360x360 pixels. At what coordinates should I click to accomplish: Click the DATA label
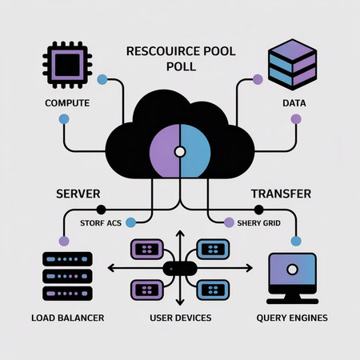[295, 103]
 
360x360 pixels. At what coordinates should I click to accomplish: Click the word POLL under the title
[180, 66]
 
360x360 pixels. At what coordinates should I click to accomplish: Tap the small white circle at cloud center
[180, 150]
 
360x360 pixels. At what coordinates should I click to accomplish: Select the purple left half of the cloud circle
[163, 150]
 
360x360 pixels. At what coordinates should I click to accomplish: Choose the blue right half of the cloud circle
[196, 150]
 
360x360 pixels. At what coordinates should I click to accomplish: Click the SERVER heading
[78, 194]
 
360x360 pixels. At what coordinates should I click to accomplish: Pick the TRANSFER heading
[282, 194]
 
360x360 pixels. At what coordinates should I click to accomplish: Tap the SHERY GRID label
[258, 222]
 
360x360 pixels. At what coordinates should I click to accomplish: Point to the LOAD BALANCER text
[67, 318]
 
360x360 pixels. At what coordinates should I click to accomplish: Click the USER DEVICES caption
[181, 318]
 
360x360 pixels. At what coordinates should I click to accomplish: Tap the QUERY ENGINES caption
[293, 318]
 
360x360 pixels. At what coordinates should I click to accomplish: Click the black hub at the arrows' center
[180, 269]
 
